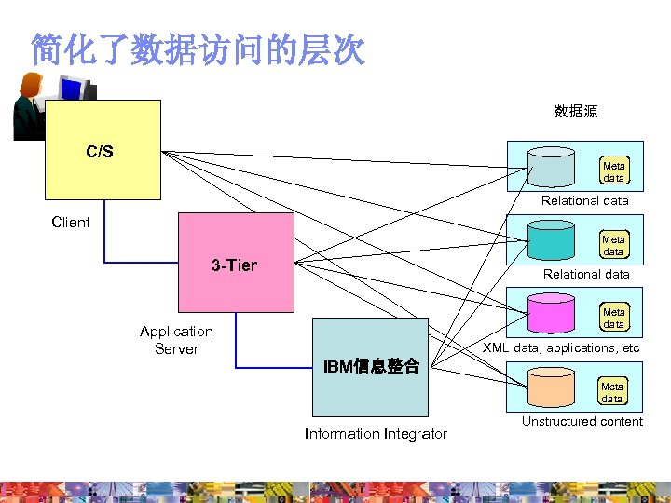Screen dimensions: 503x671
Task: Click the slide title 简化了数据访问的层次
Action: pyautogui.click(x=198, y=49)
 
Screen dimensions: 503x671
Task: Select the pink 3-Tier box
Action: pyautogui.click(x=235, y=265)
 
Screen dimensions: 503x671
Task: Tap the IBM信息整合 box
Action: pyautogui.click(x=370, y=367)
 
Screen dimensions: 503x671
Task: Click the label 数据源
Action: pyautogui.click(x=576, y=112)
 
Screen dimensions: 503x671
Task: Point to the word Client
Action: pyautogui.click(x=71, y=222)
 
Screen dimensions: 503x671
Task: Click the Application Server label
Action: pyautogui.click(x=176, y=340)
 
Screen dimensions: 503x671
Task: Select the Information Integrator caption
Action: pyautogui.click(x=376, y=433)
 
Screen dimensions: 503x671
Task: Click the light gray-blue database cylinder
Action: pyautogui.click(x=551, y=166)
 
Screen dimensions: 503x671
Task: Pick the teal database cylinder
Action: pyautogui.click(x=551, y=239)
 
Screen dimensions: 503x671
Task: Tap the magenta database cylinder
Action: pyautogui.click(x=551, y=312)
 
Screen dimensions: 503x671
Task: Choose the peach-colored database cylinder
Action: pyautogui.click(x=551, y=386)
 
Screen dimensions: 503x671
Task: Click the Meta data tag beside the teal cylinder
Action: pyautogui.click(x=613, y=245)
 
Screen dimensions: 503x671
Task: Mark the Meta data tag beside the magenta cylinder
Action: pyautogui.click(x=613, y=319)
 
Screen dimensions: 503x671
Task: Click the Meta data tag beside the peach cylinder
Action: pyautogui.click(x=612, y=392)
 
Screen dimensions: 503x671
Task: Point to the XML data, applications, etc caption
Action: pyautogui.click(x=561, y=347)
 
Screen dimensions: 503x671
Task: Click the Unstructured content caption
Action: pyautogui.click(x=582, y=421)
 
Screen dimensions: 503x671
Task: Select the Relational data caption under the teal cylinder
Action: pyautogui.click(x=586, y=274)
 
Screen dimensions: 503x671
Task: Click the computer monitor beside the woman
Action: pyautogui.click(x=73, y=89)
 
